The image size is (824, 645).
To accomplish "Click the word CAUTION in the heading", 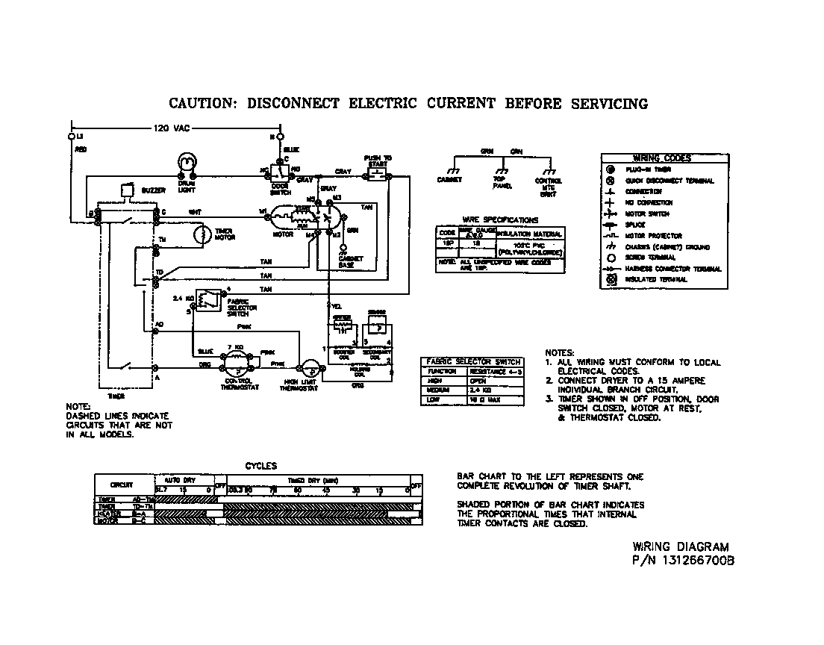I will (201, 104).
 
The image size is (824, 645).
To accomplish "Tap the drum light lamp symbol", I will (186, 162).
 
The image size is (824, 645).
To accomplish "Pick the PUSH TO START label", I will (378, 162).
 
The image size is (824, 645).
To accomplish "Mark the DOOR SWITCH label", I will (280, 187).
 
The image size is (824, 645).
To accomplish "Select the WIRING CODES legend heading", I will (662, 158).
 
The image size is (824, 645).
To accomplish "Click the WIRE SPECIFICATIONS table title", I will (499, 220).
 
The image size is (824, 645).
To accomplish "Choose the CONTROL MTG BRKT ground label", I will (549, 187).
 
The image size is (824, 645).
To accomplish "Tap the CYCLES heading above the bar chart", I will (261, 466).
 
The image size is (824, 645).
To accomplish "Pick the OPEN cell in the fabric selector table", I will (482, 380).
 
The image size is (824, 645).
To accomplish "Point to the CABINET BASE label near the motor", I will (349, 262).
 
